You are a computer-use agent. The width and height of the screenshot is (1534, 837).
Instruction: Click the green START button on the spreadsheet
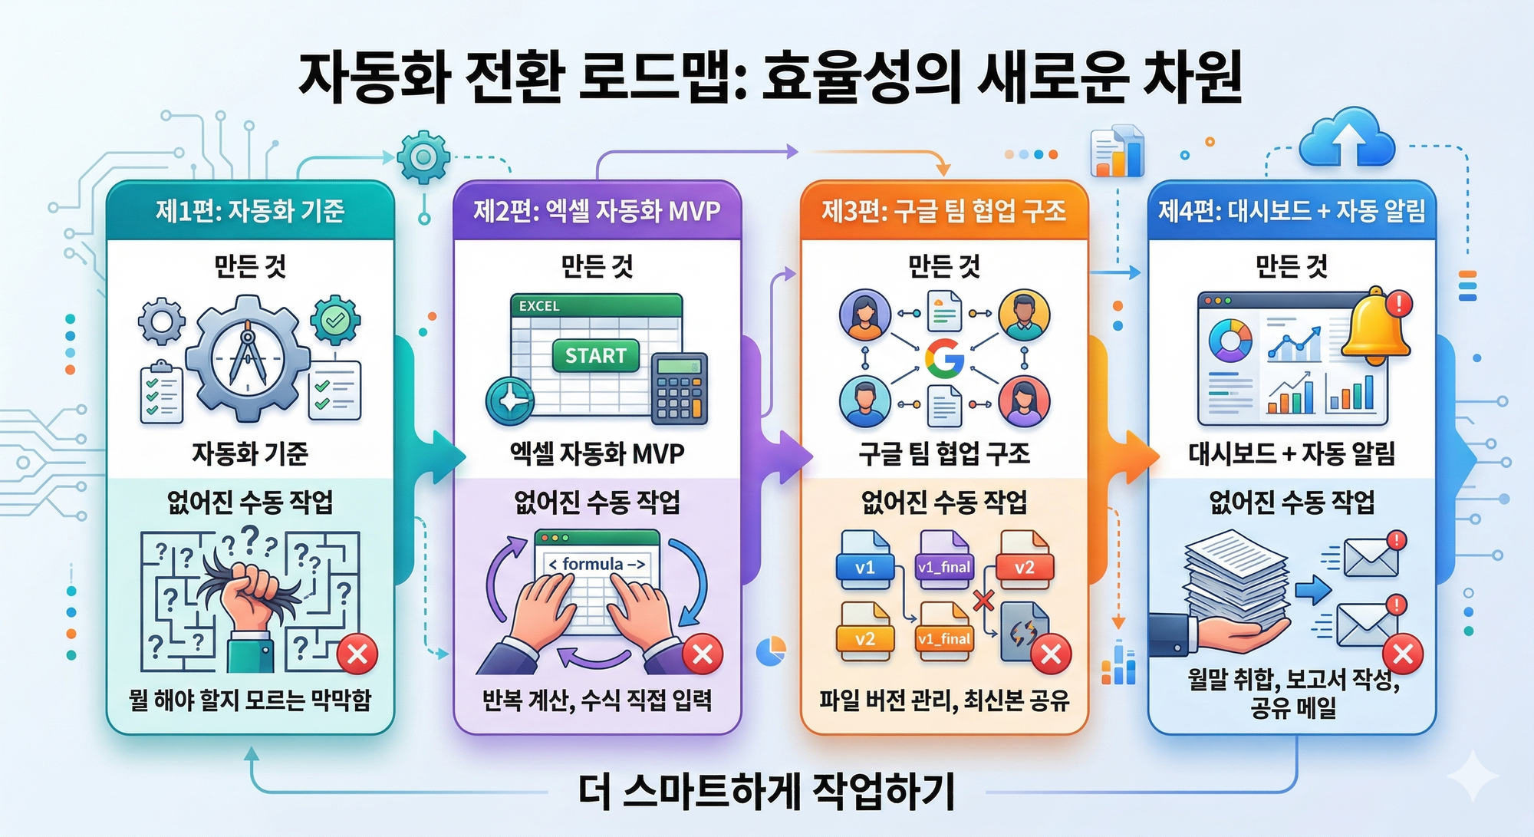pyautogui.click(x=596, y=356)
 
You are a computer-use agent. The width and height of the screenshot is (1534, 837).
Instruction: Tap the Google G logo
pyautogui.click(x=944, y=358)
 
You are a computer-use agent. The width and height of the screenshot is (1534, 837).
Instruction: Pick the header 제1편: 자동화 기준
pyautogui.click(x=250, y=211)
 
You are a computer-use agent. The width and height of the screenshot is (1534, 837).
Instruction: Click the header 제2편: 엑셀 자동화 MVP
pyautogui.click(x=597, y=211)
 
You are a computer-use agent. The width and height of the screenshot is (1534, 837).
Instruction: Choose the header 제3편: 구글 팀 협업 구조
pyautogui.click(x=944, y=211)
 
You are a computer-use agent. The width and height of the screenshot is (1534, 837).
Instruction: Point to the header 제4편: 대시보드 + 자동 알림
pyautogui.click(x=1292, y=211)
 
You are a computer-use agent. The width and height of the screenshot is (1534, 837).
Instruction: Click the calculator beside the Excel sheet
pyautogui.click(x=679, y=389)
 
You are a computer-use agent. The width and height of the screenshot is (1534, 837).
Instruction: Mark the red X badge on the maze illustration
pyautogui.click(x=357, y=654)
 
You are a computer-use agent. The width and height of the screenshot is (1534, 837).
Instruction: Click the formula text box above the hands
pyautogui.click(x=597, y=564)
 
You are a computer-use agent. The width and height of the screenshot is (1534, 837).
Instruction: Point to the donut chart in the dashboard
pyautogui.click(x=1230, y=341)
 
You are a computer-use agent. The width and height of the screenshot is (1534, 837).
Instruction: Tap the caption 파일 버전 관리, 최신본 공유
pyautogui.click(x=944, y=700)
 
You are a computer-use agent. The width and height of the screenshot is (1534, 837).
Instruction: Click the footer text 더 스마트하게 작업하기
pyautogui.click(x=767, y=792)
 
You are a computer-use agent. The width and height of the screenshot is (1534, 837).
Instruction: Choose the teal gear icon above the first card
pyautogui.click(x=423, y=157)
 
